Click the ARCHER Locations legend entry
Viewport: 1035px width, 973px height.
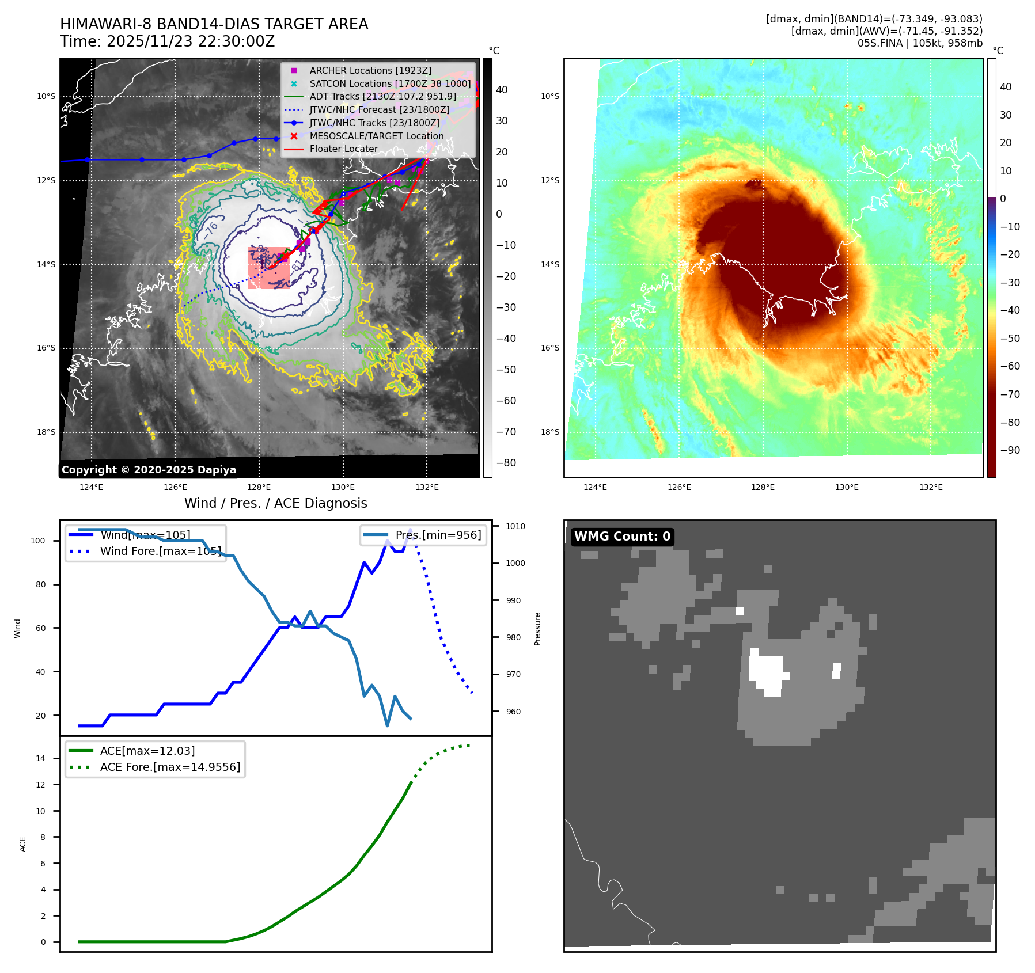point(370,70)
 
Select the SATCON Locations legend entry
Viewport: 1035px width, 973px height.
point(390,83)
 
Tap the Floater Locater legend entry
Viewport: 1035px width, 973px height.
point(343,149)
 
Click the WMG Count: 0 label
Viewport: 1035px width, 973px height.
point(622,537)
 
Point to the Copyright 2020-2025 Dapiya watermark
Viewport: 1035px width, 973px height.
point(149,470)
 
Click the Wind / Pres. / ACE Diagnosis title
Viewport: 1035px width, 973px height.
point(275,503)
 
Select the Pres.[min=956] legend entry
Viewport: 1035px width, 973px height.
point(438,535)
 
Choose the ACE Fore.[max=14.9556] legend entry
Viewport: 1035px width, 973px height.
point(170,767)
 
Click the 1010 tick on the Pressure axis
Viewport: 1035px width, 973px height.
point(515,526)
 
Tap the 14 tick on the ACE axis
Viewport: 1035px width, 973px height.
point(40,758)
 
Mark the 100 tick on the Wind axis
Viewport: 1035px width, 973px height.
point(37,541)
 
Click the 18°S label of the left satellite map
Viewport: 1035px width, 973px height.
point(46,432)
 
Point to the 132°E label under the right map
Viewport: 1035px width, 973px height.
point(931,487)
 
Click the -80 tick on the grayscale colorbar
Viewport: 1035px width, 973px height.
point(506,463)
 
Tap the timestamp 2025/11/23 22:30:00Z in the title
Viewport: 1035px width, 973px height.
point(191,41)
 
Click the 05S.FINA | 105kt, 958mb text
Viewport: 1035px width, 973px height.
point(920,43)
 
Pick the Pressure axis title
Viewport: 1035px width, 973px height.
point(537,629)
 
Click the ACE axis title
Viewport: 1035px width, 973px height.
point(23,844)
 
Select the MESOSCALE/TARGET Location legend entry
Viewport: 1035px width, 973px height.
point(376,136)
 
